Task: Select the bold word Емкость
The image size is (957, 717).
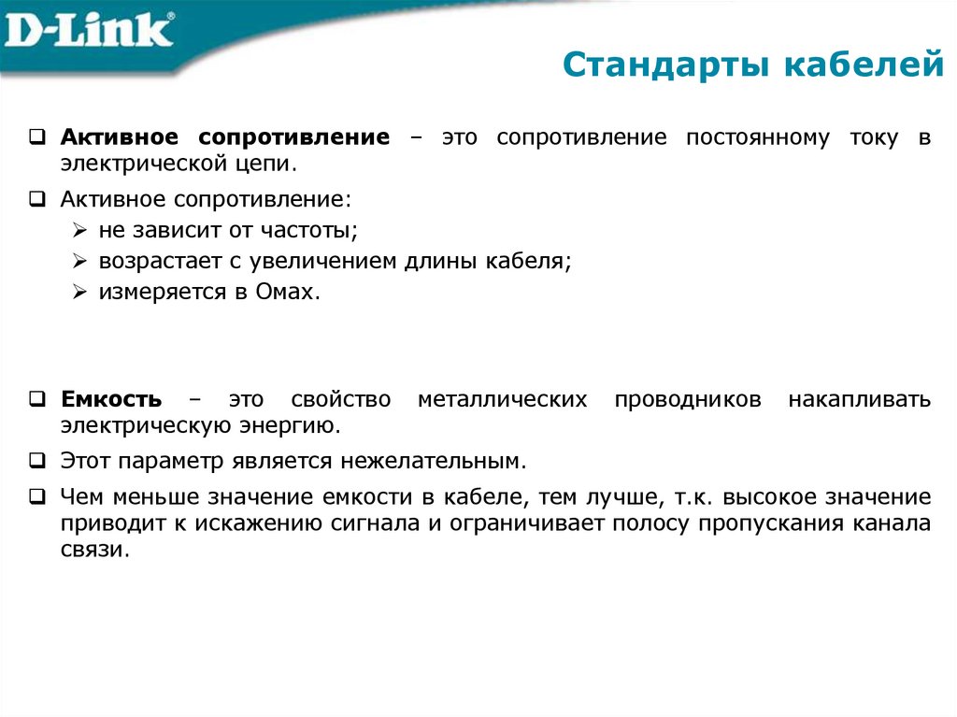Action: tap(111, 400)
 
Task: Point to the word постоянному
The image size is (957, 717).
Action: tap(757, 138)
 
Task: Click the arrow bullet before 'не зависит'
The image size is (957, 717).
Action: tap(80, 229)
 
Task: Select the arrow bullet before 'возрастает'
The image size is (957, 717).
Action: tap(80, 261)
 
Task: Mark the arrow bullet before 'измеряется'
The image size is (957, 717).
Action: tap(80, 292)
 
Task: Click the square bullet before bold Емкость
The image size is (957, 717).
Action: tap(36, 399)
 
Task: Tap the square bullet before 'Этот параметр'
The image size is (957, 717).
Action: tap(36, 460)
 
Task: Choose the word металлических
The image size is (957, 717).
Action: tap(502, 400)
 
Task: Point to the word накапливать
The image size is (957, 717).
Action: tap(859, 400)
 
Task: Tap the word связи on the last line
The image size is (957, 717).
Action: tap(91, 550)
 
